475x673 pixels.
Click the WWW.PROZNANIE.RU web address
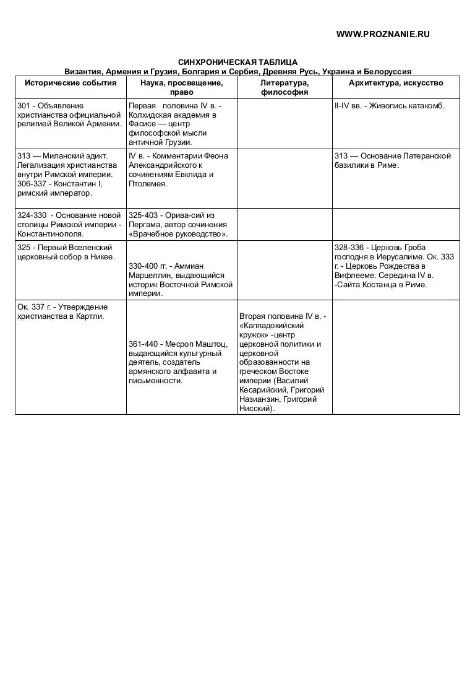(x=382, y=35)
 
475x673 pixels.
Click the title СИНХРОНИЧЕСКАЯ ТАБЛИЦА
(x=238, y=63)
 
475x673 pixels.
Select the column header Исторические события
(x=71, y=82)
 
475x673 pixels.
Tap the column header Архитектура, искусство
(x=396, y=82)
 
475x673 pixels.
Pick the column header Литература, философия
(x=285, y=87)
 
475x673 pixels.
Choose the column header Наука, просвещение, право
(x=181, y=87)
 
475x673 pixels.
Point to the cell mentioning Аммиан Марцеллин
(x=181, y=279)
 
